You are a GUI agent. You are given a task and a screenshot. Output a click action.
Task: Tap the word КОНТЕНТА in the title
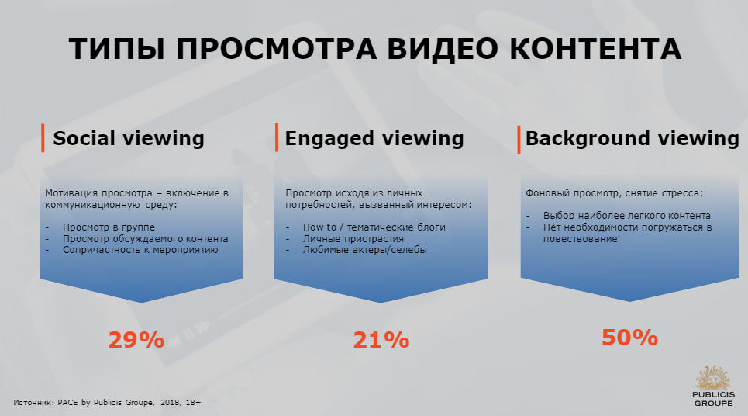tap(596, 49)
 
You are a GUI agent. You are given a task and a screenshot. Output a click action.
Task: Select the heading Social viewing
tap(129, 138)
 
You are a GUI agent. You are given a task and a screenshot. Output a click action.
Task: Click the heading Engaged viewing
tap(374, 139)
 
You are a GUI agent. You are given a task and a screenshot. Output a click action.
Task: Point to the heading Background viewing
tap(632, 139)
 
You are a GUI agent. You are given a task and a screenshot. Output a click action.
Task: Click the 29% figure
tap(136, 340)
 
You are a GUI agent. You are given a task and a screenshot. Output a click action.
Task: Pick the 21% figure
tap(381, 340)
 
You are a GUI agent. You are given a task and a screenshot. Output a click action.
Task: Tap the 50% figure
tap(629, 337)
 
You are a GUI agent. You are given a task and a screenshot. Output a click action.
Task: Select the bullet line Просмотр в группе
tap(109, 227)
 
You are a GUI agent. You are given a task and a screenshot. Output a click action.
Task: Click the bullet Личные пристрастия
tap(353, 238)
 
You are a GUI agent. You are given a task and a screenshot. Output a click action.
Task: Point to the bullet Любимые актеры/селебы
tap(364, 249)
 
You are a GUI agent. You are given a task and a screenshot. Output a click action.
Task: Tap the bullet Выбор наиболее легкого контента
tap(627, 216)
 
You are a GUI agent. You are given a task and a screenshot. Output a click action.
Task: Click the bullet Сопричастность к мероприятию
tap(140, 249)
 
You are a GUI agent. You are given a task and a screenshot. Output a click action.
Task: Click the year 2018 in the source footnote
tap(169, 402)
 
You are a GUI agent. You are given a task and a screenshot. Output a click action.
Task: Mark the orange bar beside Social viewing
tap(43, 138)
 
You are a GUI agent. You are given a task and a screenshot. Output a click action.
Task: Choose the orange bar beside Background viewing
tap(519, 140)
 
